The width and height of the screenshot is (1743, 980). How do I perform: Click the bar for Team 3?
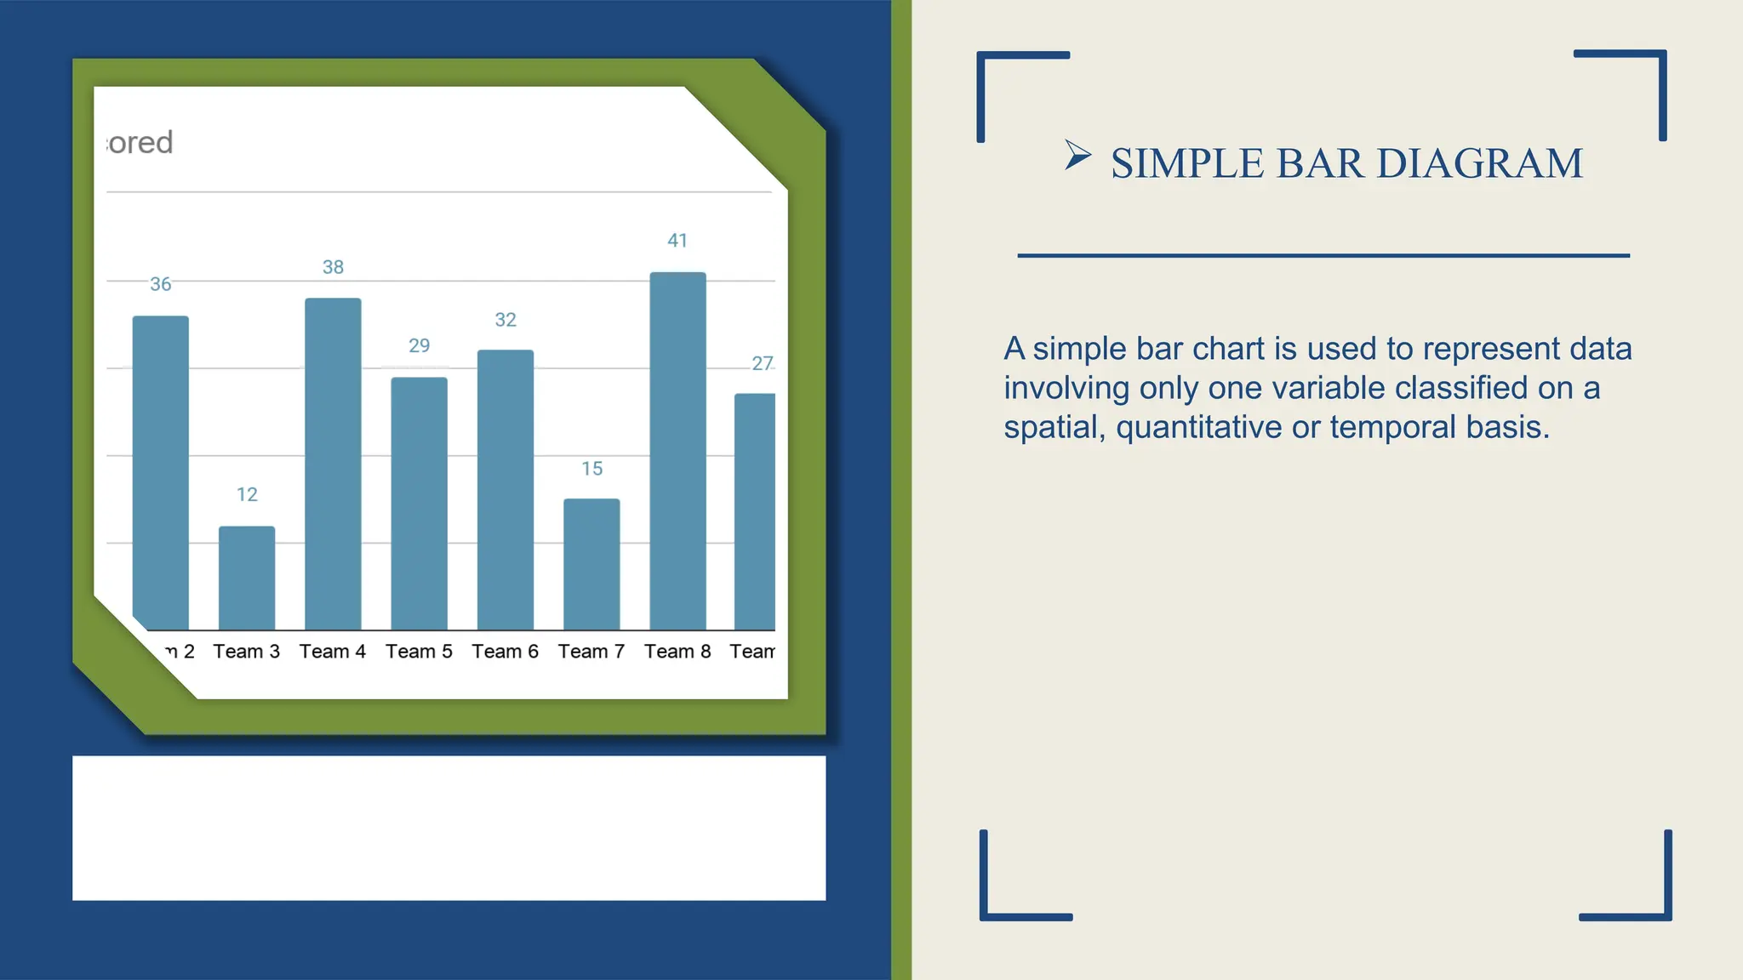[x=247, y=578]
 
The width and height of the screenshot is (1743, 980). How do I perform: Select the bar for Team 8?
[x=677, y=451]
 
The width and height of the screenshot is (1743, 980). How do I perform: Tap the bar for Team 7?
[x=591, y=564]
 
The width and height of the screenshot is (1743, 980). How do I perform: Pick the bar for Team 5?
[x=419, y=504]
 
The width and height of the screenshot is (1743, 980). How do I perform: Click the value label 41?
[x=677, y=241]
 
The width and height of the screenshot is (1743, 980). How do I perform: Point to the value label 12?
[x=247, y=494]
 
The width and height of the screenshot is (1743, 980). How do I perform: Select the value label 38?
[x=333, y=267]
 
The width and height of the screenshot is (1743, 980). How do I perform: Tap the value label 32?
[x=506, y=320]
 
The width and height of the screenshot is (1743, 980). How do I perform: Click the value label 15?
[x=591, y=469]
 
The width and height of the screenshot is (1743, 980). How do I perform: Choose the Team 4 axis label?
[x=333, y=652]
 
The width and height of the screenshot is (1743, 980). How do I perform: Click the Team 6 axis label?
[x=506, y=652]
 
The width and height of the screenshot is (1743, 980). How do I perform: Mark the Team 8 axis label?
[x=677, y=652]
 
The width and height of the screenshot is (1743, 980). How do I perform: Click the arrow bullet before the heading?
[x=1077, y=156]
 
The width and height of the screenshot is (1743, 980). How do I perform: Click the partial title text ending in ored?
[x=141, y=143]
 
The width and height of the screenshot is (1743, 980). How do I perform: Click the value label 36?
[x=161, y=284]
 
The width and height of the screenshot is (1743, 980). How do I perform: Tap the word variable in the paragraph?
[x=1329, y=388]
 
